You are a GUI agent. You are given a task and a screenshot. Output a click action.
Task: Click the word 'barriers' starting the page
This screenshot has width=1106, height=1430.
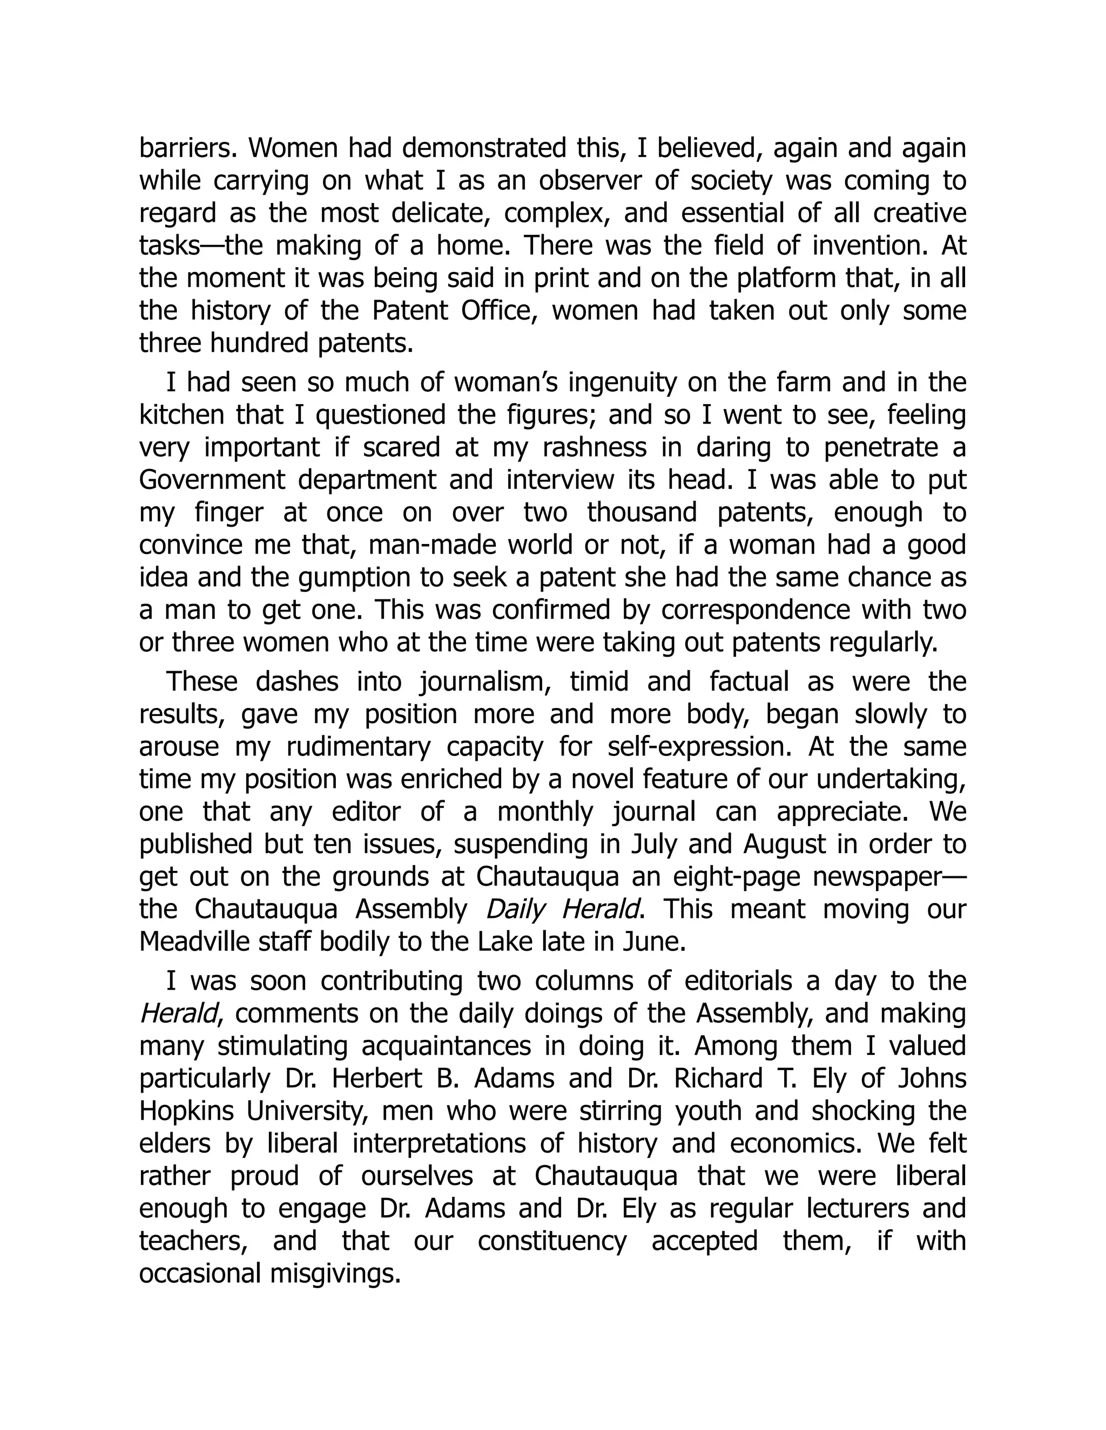pyautogui.click(x=187, y=148)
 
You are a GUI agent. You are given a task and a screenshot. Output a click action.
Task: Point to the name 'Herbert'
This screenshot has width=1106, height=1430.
pyautogui.click(x=369, y=1078)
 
